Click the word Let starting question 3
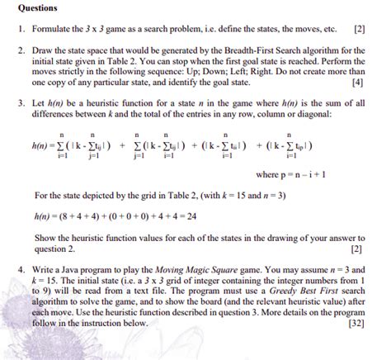click(x=40, y=104)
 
